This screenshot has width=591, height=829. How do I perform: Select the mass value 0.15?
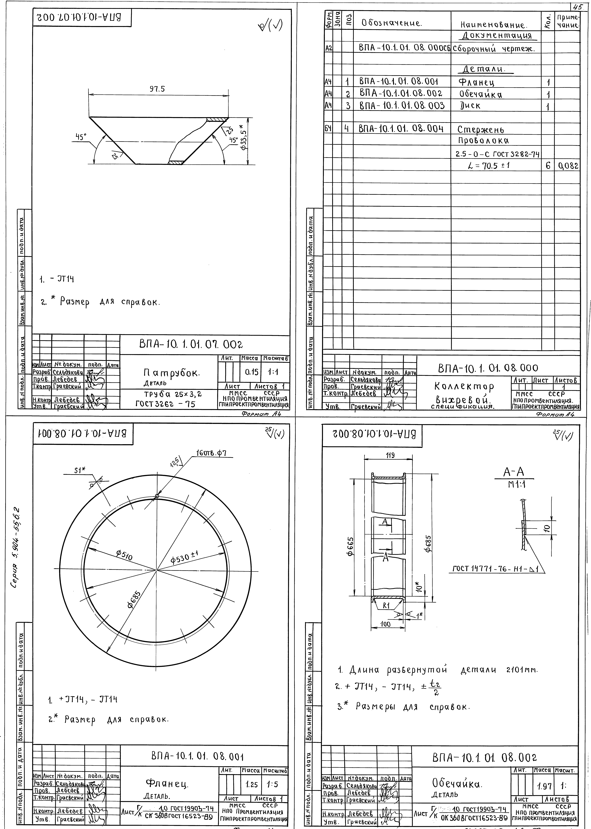(x=251, y=372)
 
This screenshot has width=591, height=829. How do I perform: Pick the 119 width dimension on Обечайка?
(x=390, y=455)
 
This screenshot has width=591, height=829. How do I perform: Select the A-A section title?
(x=513, y=473)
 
